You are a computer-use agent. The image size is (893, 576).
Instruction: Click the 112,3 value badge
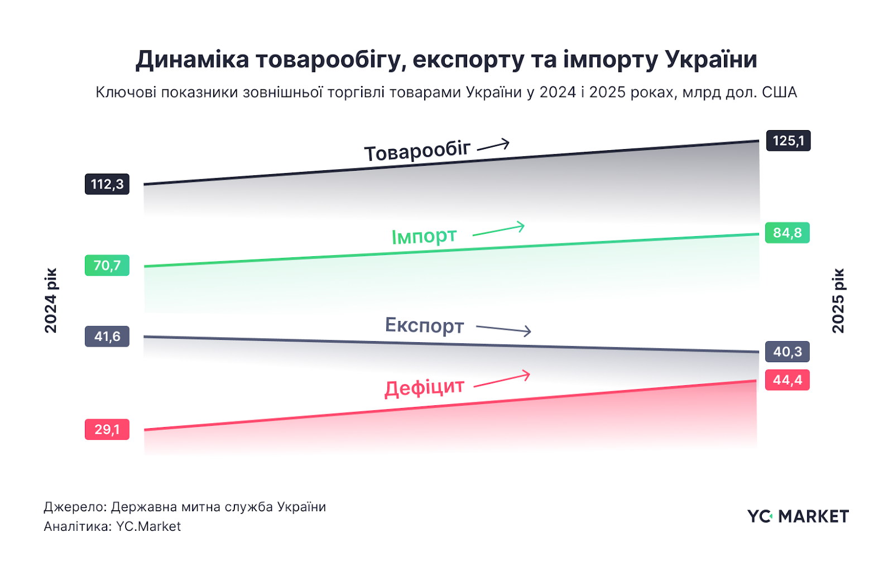(107, 184)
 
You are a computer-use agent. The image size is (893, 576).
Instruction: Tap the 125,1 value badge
(788, 141)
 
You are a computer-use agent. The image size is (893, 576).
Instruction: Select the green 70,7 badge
(107, 265)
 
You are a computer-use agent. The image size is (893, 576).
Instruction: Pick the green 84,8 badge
(787, 233)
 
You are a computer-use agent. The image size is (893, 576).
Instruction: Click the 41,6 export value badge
(107, 337)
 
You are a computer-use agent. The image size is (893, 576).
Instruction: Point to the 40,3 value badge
(787, 352)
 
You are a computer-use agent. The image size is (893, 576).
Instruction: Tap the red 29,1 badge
(107, 429)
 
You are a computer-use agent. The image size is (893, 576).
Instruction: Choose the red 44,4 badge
(787, 380)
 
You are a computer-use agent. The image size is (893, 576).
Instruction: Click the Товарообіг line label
(417, 151)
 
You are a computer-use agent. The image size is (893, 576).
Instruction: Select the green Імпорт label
(424, 236)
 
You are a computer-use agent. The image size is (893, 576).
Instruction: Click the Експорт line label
(424, 325)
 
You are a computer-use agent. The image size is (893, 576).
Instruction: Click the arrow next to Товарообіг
(493, 146)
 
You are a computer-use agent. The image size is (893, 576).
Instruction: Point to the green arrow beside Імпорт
(498, 229)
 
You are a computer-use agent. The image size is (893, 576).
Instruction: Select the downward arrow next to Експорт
(503, 329)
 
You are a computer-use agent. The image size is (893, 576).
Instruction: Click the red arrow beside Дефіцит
(502, 379)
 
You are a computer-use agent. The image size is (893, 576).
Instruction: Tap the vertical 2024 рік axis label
(51, 301)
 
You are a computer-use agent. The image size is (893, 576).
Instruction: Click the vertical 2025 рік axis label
(838, 301)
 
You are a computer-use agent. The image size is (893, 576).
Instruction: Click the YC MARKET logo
(798, 516)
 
